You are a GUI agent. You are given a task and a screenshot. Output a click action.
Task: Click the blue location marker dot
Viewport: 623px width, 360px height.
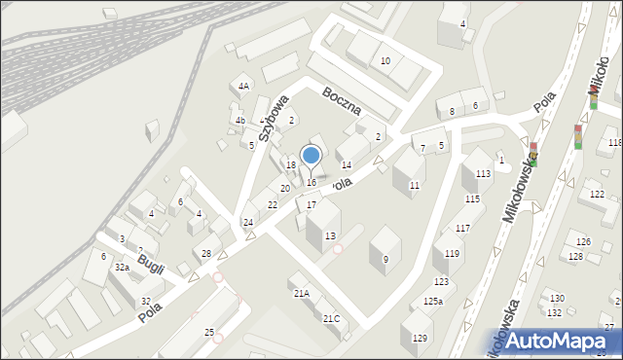[311, 155]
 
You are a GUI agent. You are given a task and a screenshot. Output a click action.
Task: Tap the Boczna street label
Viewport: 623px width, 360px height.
[342, 100]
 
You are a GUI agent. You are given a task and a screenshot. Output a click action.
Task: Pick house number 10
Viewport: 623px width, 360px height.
[385, 61]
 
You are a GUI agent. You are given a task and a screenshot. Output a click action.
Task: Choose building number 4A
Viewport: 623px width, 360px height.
[244, 87]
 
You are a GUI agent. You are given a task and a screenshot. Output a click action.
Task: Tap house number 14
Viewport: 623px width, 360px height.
[347, 166]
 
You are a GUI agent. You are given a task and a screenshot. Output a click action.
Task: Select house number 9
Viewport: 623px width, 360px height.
[385, 259]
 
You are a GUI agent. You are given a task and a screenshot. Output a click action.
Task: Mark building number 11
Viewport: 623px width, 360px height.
[415, 185]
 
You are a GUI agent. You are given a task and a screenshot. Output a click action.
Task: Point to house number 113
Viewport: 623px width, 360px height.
[483, 174]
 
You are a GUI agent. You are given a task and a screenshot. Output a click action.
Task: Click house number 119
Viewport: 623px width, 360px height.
[453, 254]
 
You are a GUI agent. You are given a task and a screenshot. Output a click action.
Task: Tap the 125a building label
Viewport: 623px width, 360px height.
[432, 302]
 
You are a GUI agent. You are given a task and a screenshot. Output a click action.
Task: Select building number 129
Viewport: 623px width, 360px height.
[420, 338]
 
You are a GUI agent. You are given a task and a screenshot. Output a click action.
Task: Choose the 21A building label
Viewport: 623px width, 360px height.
[302, 293]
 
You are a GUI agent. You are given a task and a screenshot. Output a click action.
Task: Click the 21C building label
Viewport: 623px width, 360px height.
[332, 318]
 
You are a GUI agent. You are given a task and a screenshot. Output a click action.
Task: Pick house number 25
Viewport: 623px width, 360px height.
[209, 333]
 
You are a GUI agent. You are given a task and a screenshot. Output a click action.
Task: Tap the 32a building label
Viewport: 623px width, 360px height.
[122, 267]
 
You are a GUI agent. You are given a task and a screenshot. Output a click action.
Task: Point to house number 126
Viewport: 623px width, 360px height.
[582, 241]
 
